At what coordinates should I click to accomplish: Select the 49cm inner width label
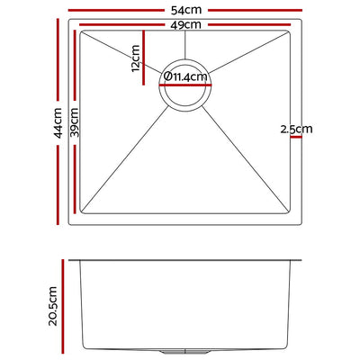click(x=186, y=24)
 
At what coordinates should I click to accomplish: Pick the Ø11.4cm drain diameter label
click(x=185, y=77)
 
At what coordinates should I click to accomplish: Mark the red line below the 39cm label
click(x=76, y=176)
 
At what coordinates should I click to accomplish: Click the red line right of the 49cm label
click(x=243, y=25)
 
